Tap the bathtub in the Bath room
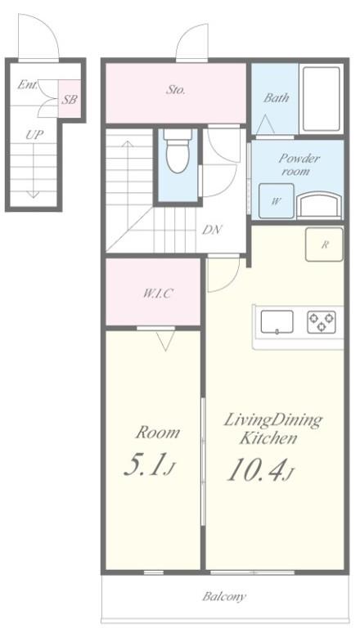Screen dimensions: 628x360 [320, 100]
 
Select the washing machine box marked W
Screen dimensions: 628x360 [276, 201]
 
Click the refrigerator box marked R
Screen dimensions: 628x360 [324, 244]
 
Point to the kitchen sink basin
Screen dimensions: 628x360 [277, 322]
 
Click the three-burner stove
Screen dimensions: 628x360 [320, 322]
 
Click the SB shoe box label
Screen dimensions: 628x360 [70, 101]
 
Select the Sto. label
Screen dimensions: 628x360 [175, 90]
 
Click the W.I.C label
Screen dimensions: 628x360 [154, 293]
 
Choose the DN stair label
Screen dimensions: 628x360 [212, 230]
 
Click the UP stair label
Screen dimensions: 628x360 [33, 135]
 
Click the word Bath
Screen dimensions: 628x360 [276, 97]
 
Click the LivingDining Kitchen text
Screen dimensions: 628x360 [273, 428]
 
